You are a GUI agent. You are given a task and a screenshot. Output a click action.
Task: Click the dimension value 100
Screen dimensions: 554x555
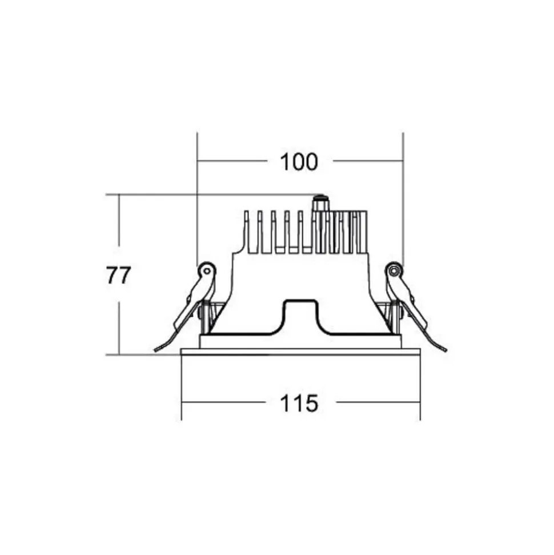(x=299, y=162)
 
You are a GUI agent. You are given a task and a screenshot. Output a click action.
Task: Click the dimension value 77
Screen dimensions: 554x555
(x=119, y=275)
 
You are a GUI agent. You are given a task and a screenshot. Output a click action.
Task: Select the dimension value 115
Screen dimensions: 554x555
(x=299, y=403)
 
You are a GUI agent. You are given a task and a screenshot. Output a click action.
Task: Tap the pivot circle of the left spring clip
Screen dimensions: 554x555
(x=207, y=271)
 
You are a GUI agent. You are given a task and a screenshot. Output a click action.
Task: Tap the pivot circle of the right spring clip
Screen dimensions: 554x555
(x=394, y=271)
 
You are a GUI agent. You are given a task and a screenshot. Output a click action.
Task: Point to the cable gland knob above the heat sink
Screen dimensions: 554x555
(x=320, y=203)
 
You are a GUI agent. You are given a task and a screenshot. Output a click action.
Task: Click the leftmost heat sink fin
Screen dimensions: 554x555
(x=247, y=231)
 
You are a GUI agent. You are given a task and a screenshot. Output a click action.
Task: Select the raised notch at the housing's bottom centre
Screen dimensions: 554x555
(x=301, y=316)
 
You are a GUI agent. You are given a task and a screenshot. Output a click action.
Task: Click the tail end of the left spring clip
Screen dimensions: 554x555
(x=156, y=350)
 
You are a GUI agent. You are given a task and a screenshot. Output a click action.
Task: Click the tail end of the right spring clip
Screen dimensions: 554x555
(x=445, y=350)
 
